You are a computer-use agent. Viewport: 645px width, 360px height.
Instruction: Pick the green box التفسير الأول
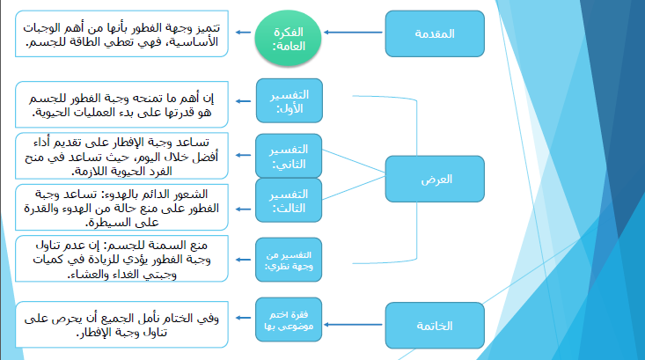tap(288, 100)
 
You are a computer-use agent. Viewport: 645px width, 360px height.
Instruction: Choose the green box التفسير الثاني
tap(287, 156)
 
